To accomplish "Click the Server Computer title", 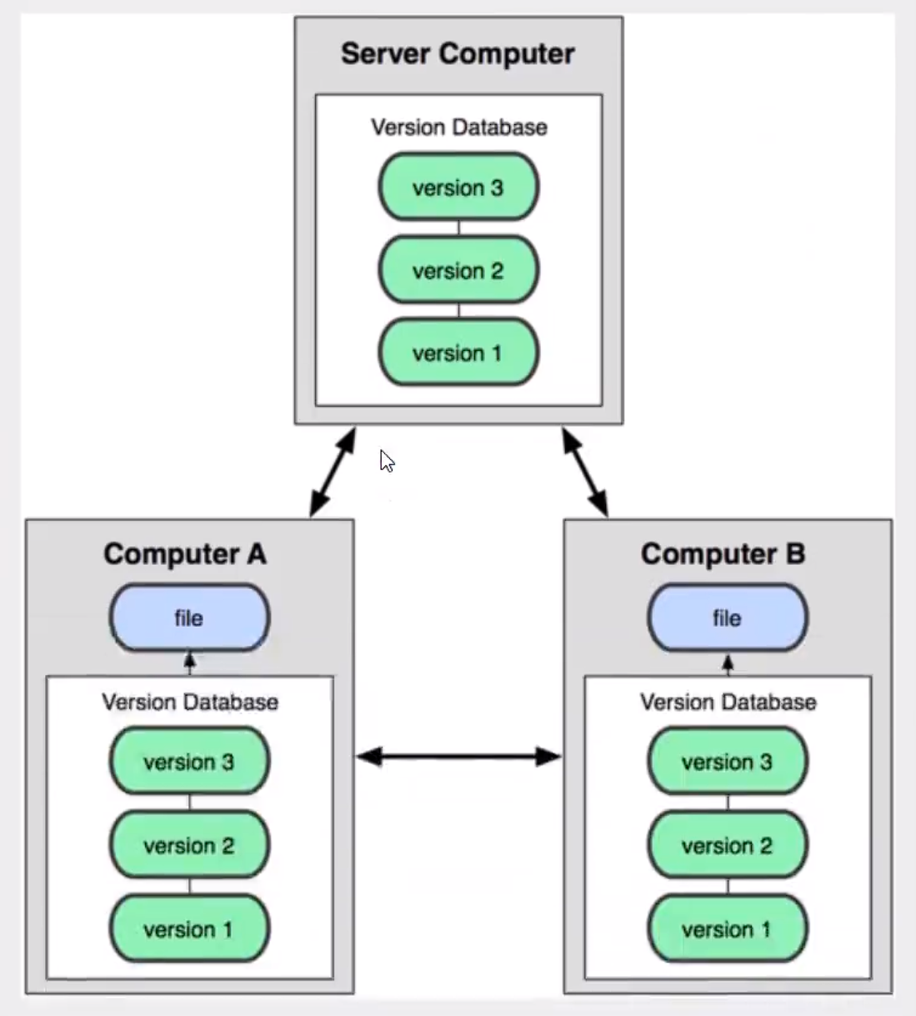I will tap(458, 54).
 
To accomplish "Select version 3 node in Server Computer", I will tap(458, 188).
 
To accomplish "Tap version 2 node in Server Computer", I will tap(458, 271).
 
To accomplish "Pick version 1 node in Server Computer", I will tap(458, 353).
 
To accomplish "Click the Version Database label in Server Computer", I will tap(458, 128).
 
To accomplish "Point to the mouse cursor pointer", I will tap(387, 461).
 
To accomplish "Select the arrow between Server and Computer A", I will tap(333, 473).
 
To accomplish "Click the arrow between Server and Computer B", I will tap(585, 473).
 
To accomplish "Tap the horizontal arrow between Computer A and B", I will tap(458, 756).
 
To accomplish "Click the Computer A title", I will tap(185, 554).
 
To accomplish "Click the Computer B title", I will tap(723, 554).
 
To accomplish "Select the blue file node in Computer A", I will tap(189, 618).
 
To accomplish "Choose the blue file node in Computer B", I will tap(727, 618).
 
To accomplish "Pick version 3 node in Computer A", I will tap(189, 762).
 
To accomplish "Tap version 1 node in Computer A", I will tap(189, 929).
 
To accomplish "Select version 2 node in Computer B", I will tap(727, 846).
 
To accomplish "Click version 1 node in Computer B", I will tap(727, 929).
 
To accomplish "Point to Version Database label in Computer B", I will tap(728, 703).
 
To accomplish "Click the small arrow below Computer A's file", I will tap(190, 663).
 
